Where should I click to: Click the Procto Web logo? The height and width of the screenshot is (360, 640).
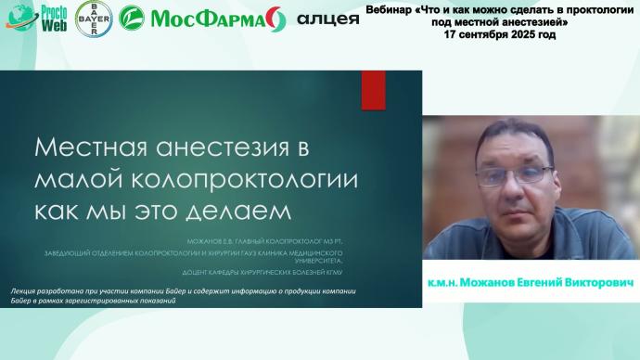[34, 18]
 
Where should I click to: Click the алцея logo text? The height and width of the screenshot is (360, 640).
[327, 19]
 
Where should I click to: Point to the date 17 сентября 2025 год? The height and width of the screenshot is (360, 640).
[499, 33]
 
